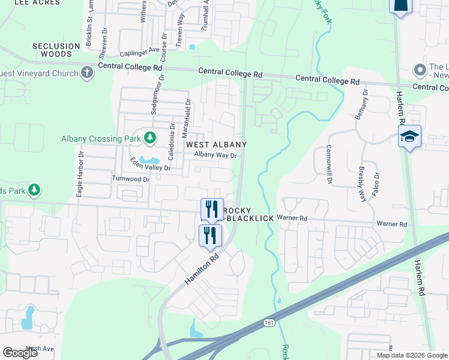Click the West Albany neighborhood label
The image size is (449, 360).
(216, 145)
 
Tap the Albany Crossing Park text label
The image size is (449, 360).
(100, 139)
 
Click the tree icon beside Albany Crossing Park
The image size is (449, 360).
(149, 139)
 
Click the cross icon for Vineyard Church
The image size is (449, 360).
(88, 73)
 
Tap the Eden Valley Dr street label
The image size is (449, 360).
(151, 164)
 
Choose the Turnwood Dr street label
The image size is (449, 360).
(130, 179)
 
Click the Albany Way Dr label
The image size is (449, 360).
(216, 155)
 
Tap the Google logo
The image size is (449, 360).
(20, 353)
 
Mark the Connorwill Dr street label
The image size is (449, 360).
(329, 163)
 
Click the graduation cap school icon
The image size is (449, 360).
(409, 137)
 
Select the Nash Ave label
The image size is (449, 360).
(40, 349)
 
